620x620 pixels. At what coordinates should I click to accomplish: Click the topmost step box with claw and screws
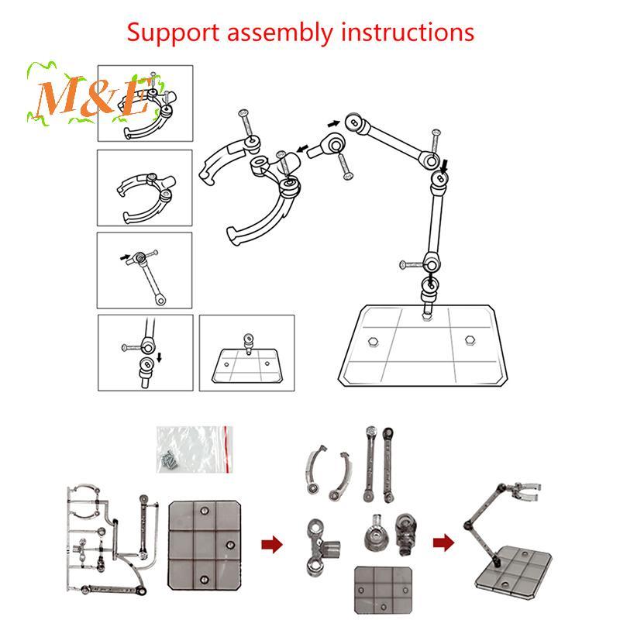point(145,103)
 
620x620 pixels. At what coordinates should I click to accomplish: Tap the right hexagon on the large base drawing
point(470,339)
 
